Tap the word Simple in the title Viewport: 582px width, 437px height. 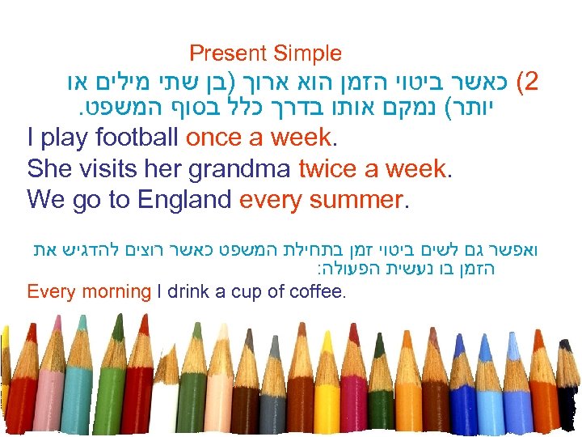307,54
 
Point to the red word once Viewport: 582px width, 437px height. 215,138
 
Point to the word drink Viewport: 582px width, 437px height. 191,291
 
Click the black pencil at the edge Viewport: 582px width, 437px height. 576,405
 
